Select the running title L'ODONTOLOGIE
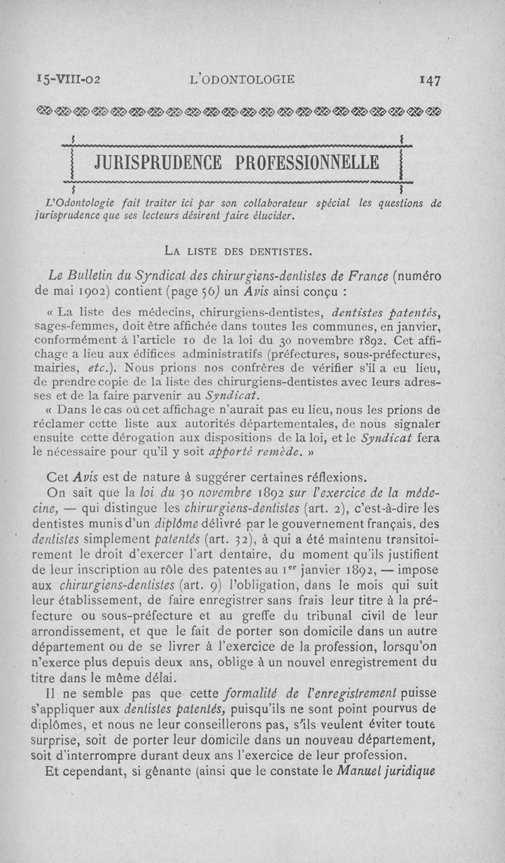pos(242,80)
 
